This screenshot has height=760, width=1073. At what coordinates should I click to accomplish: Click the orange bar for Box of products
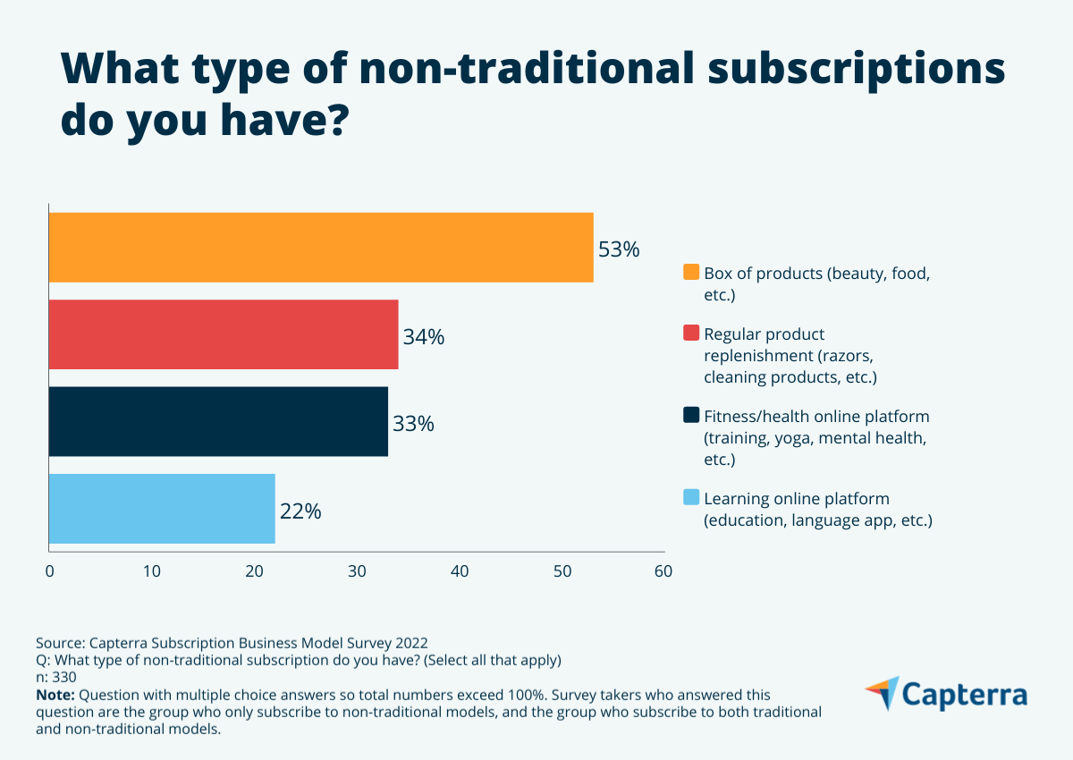pos(320,248)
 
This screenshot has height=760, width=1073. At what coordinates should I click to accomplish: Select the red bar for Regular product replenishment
pos(223,334)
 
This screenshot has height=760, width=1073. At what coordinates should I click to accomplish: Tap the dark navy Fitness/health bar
pos(218,421)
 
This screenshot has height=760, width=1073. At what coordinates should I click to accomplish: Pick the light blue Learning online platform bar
pos(162,509)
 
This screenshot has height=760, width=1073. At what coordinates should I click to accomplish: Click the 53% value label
pos(619,250)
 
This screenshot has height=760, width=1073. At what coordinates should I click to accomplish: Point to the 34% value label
pos(423,338)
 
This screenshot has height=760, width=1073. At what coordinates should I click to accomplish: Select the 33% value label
pos(413,425)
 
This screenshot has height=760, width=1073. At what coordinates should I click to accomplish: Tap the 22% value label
pos(300,512)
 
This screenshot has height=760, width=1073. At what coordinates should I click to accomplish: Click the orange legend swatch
pos(690,272)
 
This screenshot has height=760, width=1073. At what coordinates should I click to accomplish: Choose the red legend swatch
pos(690,334)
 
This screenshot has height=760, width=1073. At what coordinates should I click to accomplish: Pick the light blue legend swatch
pos(690,498)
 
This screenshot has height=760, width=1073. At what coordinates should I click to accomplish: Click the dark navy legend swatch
pos(690,416)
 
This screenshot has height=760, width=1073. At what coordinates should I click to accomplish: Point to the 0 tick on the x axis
pos(49,571)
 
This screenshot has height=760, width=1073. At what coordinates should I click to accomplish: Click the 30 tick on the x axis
pos(357,571)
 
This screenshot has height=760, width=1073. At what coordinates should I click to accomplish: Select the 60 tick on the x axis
pos(663,571)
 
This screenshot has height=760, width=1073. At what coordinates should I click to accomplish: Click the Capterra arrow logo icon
pos(882,694)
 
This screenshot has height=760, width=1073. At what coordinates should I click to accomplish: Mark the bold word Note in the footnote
pos(55,695)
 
